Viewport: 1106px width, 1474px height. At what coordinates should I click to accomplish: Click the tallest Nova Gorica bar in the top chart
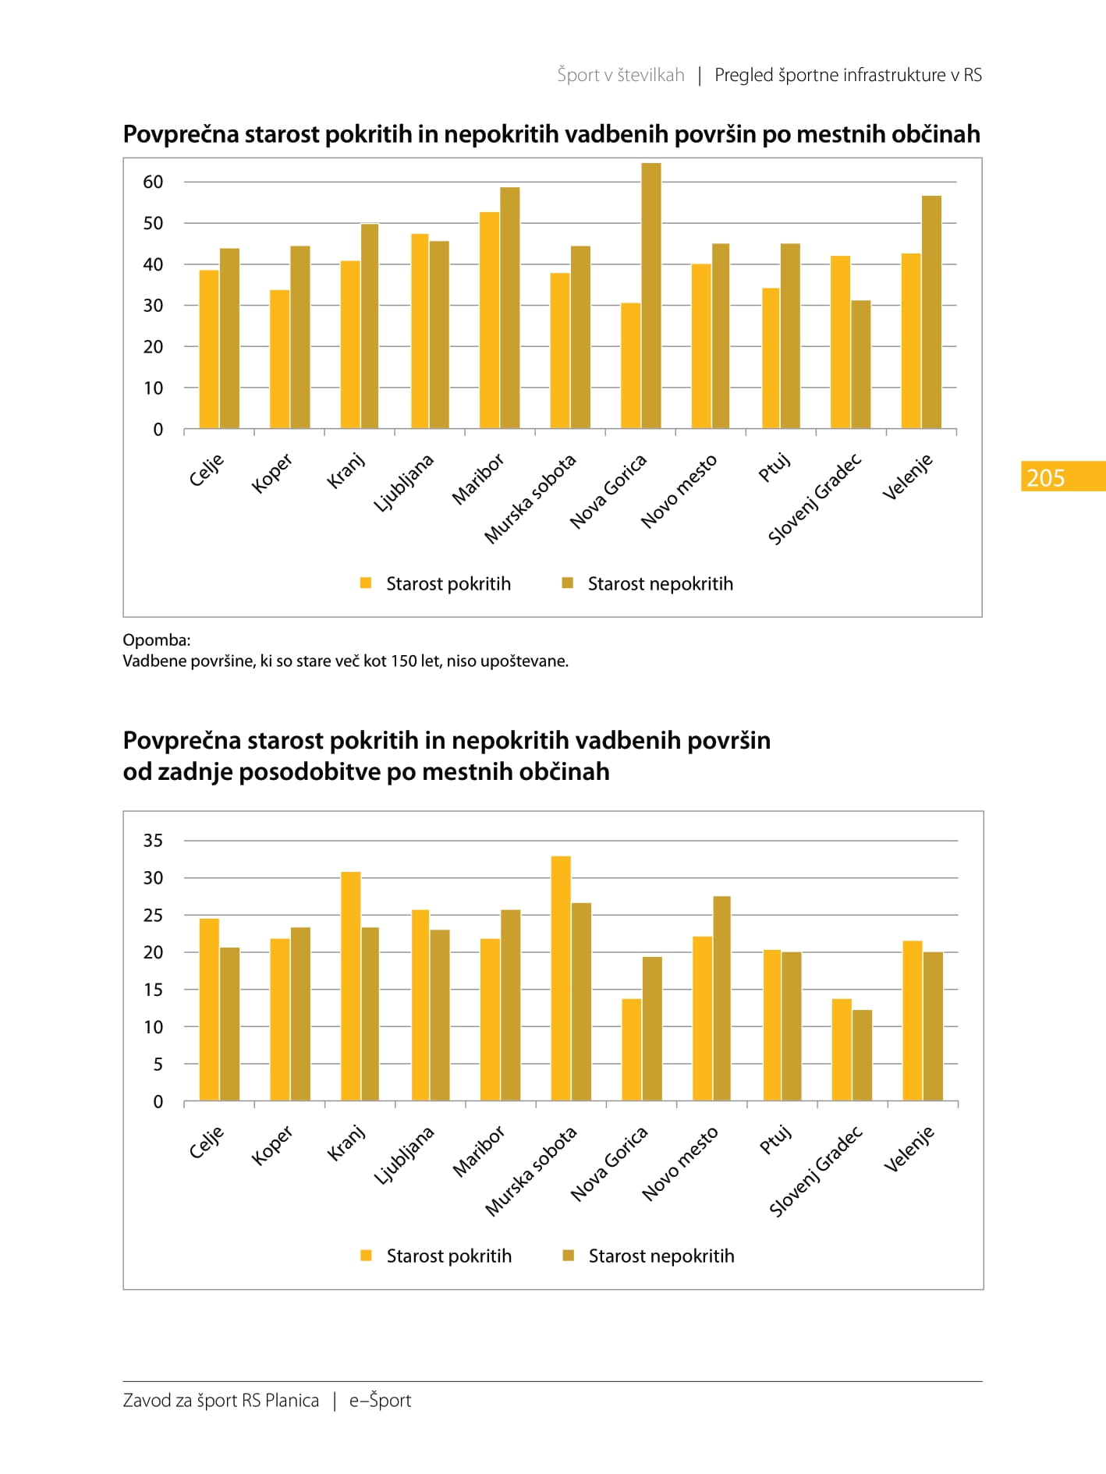651,296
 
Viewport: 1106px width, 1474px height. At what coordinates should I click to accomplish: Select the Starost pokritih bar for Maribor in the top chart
490,321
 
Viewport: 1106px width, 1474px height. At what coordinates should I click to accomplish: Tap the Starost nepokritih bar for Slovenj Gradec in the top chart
861,364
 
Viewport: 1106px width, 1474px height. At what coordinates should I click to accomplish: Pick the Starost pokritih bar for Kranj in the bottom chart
351,986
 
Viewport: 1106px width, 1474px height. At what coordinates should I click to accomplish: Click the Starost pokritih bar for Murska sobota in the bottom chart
561,978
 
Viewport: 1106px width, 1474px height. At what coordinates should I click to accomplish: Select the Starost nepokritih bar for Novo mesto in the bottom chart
721,998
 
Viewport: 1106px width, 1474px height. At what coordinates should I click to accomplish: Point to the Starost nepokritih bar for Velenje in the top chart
931,312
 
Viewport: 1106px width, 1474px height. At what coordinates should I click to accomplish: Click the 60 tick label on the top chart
153,182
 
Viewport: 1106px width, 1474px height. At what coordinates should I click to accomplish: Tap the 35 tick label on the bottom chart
153,841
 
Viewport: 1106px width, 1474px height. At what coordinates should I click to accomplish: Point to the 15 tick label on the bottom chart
153,990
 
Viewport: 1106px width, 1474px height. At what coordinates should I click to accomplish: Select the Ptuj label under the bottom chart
775,1139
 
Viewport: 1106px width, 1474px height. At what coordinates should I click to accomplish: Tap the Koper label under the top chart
271,473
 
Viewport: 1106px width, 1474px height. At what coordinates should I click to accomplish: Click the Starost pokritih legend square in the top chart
366,583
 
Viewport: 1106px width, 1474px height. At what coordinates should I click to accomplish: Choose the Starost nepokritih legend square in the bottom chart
569,1255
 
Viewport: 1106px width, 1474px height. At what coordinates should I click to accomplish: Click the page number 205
1045,477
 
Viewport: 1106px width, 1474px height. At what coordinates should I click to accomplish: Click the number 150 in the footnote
404,661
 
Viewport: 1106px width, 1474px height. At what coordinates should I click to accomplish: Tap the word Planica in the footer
292,1401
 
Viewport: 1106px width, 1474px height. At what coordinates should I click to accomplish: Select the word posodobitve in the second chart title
328,771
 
